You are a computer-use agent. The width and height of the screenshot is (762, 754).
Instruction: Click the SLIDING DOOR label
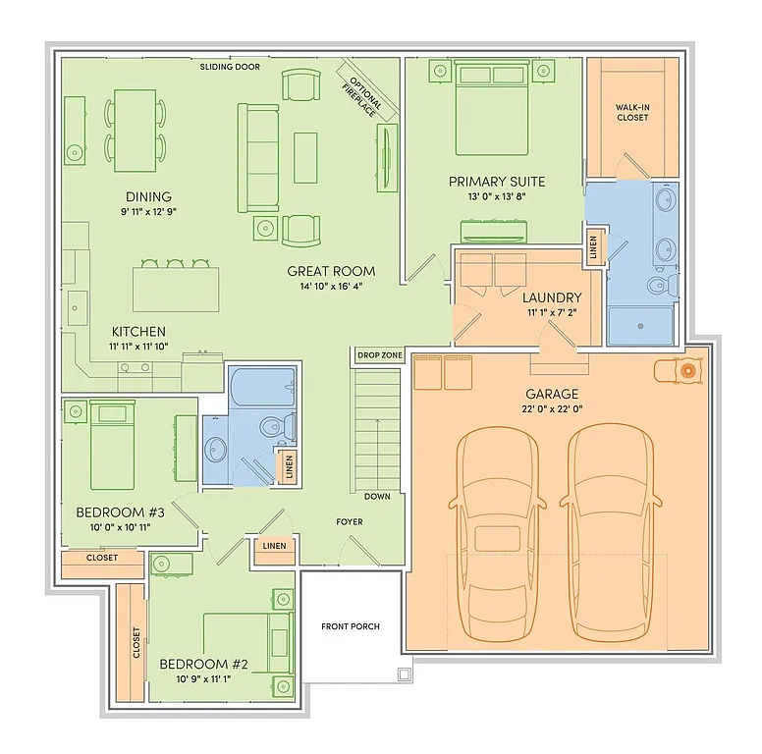click(230, 68)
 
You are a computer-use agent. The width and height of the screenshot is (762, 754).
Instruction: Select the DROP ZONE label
click(378, 355)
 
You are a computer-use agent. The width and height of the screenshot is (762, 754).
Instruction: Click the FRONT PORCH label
click(350, 626)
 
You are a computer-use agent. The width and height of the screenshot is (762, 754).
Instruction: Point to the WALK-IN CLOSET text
click(632, 112)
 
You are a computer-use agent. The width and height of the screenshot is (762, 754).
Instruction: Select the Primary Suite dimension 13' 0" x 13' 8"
click(497, 196)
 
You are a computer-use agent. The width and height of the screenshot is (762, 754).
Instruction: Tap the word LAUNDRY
click(552, 297)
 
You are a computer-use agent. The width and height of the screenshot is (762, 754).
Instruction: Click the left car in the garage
click(499, 530)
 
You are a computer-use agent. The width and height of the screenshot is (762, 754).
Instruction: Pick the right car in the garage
click(611, 530)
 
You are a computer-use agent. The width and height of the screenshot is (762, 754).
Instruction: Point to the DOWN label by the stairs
click(377, 497)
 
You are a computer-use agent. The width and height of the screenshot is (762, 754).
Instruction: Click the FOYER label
click(350, 521)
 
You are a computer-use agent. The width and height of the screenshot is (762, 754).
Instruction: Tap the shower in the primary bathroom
click(640, 325)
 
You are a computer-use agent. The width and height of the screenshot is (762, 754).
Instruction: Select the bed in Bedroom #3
click(111, 447)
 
